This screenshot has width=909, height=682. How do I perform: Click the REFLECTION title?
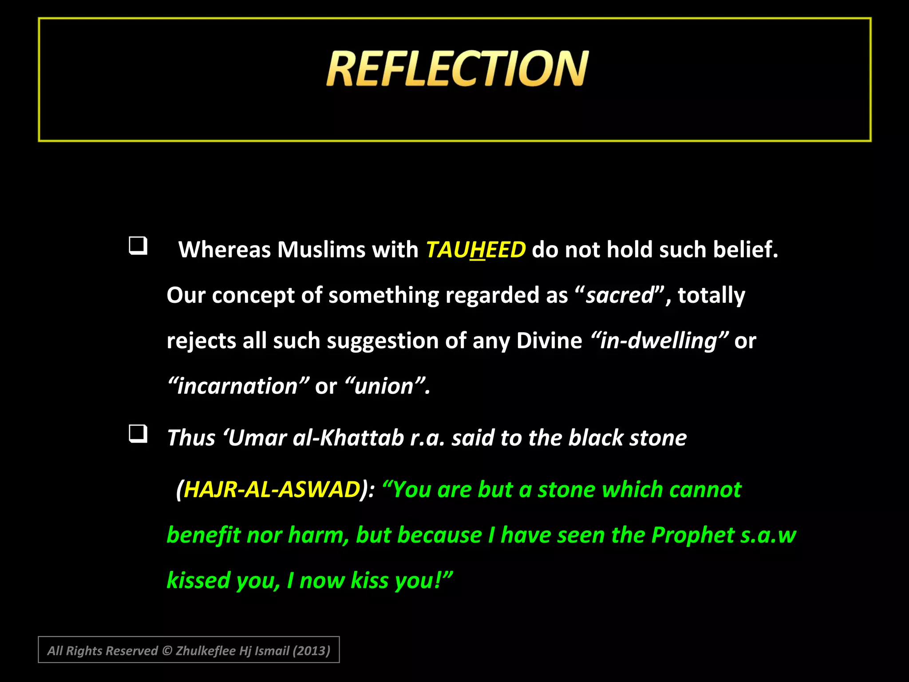coord(457,69)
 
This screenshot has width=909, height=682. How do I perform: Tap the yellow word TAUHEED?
coord(476,250)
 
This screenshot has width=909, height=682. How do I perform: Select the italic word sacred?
coord(620,295)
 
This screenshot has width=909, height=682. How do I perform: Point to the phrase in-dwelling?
coord(659,341)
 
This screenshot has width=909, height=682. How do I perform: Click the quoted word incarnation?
coord(238,386)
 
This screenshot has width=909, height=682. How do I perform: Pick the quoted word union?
coord(384,386)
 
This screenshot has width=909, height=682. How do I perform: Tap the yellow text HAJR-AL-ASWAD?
coord(272,490)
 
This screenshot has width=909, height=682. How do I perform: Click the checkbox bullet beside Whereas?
coord(138,246)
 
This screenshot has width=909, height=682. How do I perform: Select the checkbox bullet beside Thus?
coord(138,434)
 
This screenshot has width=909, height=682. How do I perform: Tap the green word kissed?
coord(198,581)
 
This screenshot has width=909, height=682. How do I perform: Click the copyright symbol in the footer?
coord(167,650)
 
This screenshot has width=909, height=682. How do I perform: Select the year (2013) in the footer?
coord(312,650)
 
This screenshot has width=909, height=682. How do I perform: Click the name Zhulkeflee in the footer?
coord(206,650)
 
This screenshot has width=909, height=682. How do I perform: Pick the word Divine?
coord(549,341)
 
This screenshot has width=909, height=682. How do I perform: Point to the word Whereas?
coord(224,250)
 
